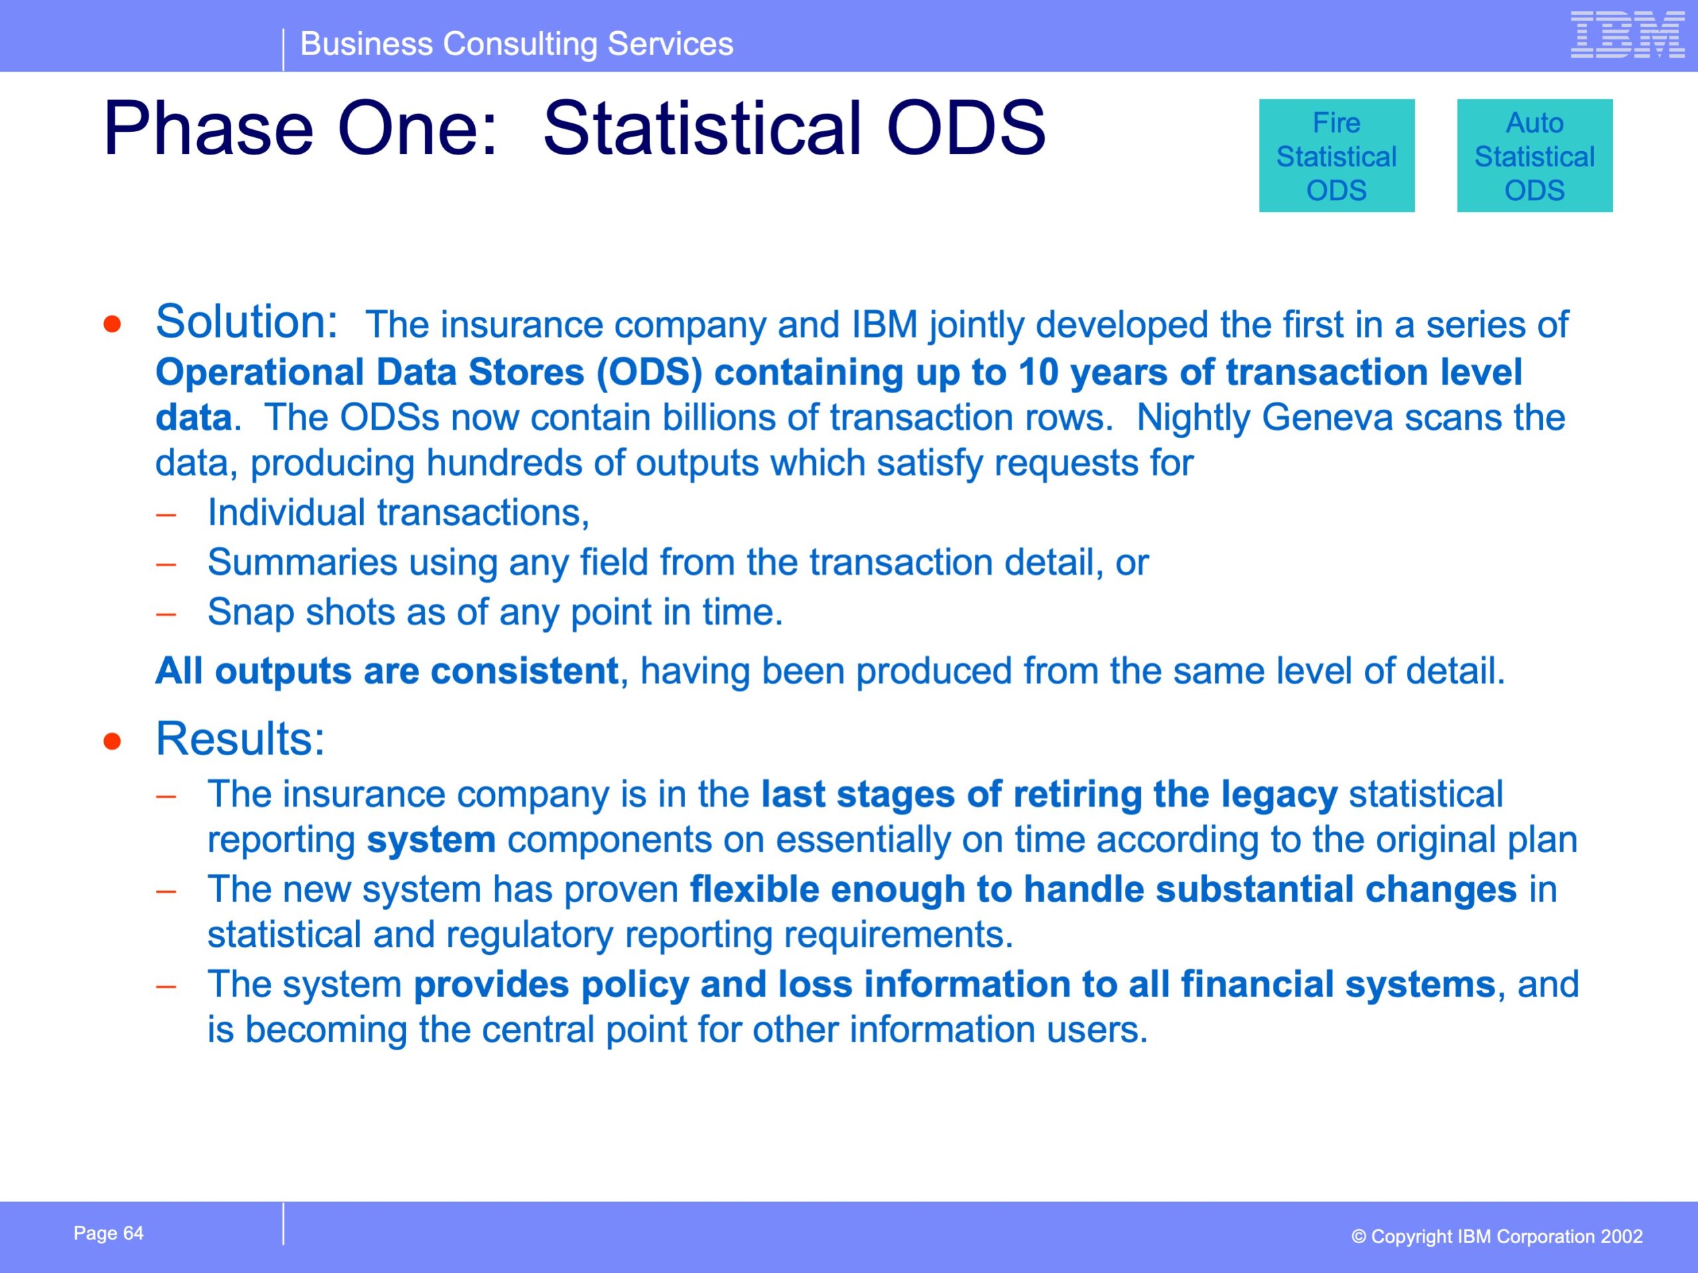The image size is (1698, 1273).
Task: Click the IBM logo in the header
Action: (1628, 34)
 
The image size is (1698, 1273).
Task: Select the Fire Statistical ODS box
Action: (1337, 156)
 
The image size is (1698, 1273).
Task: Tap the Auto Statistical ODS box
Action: (1534, 156)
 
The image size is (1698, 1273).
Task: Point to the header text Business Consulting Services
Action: (517, 44)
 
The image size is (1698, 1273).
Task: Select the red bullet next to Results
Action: (113, 741)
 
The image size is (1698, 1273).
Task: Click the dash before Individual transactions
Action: (166, 514)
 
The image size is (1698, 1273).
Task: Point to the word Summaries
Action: (302, 562)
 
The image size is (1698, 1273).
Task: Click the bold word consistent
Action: (524, 671)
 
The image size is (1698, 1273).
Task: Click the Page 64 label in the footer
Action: (108, 1233)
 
